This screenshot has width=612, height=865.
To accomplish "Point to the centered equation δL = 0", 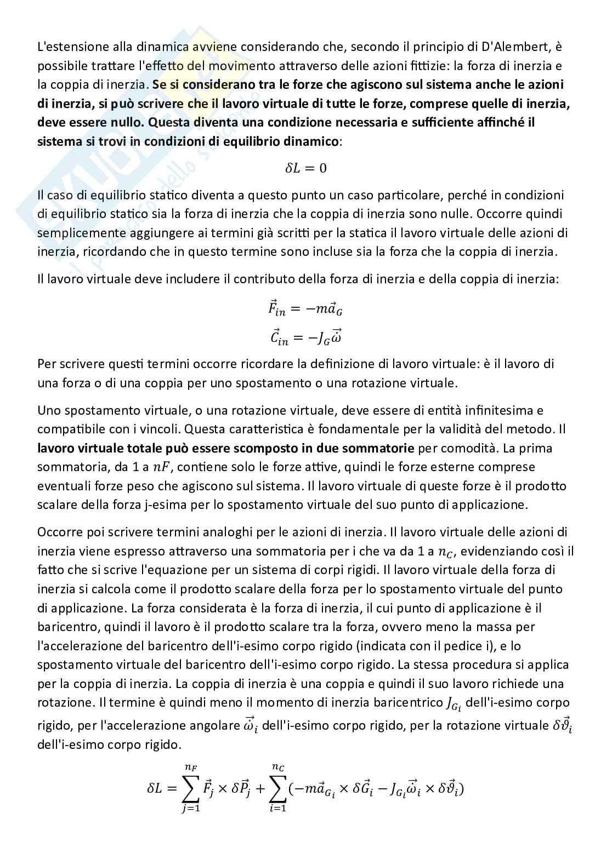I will click(x=305, y=168).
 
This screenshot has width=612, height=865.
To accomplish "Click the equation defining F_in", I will click(x=305, y=308).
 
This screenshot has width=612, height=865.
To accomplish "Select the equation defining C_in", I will click(x=305, y=337).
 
